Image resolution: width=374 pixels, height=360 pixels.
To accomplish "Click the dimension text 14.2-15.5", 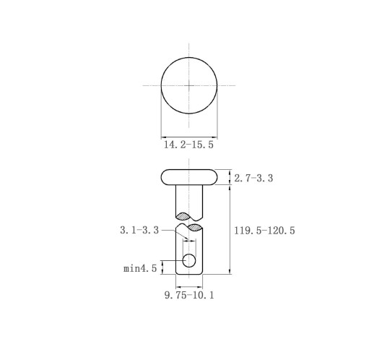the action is coord(188,145).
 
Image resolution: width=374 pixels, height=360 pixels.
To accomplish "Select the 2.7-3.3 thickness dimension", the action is coord(253,179).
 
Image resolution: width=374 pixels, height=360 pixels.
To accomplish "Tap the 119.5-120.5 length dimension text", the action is coord(264,231).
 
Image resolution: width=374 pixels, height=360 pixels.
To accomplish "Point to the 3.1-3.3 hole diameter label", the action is coord(139,230).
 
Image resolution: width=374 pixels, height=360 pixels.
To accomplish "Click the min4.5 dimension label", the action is coord(140,268).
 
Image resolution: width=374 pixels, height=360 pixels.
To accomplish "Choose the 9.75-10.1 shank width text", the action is coord(189,295).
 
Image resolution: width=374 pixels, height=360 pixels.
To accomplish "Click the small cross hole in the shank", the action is coord(189,260).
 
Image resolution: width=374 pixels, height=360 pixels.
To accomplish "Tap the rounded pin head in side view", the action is coord(189,177).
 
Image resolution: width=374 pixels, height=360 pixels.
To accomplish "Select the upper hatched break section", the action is coord(183,216).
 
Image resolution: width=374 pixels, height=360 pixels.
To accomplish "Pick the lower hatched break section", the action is coord(195,227).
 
